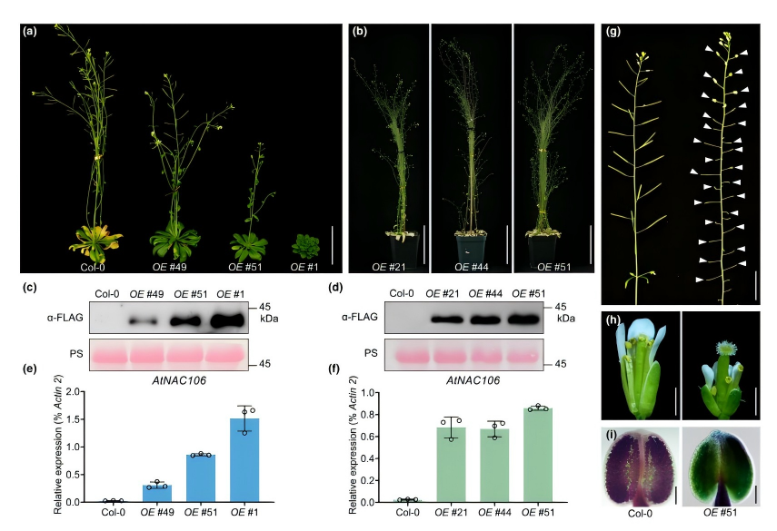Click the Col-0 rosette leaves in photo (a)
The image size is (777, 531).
pos(95,242)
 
